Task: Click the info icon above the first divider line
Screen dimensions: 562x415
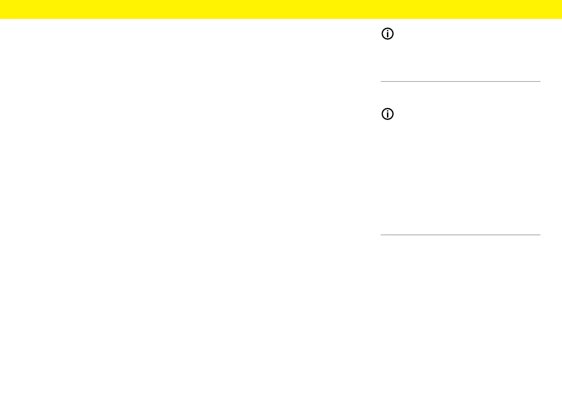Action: point(387,34)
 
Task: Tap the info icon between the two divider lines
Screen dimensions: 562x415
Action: point(387,114)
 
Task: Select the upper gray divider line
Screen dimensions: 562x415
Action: point(460,82)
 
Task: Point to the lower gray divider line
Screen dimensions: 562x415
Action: point(460,235)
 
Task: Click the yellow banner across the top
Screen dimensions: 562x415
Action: point(281,9)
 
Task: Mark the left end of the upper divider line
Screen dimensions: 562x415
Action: point(381,82)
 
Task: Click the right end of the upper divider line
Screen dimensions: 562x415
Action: point(539,82)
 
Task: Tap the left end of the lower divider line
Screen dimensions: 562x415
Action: point(381,235)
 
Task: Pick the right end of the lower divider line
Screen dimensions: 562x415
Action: point(539,235)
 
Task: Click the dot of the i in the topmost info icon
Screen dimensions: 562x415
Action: point(387,32)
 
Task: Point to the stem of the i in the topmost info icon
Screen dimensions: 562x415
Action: point(387,36)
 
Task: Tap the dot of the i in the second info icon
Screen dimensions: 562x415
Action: point(387,111)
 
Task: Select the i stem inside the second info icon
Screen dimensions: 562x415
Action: point(387,116)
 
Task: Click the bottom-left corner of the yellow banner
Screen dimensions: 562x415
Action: point(0,18)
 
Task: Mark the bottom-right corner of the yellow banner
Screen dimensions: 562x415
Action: point(561,18)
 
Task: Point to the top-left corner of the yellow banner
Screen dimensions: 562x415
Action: point(0,0)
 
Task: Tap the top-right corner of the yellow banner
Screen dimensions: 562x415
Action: point(561,0)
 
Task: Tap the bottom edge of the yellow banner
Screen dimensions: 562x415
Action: point(281,18)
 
